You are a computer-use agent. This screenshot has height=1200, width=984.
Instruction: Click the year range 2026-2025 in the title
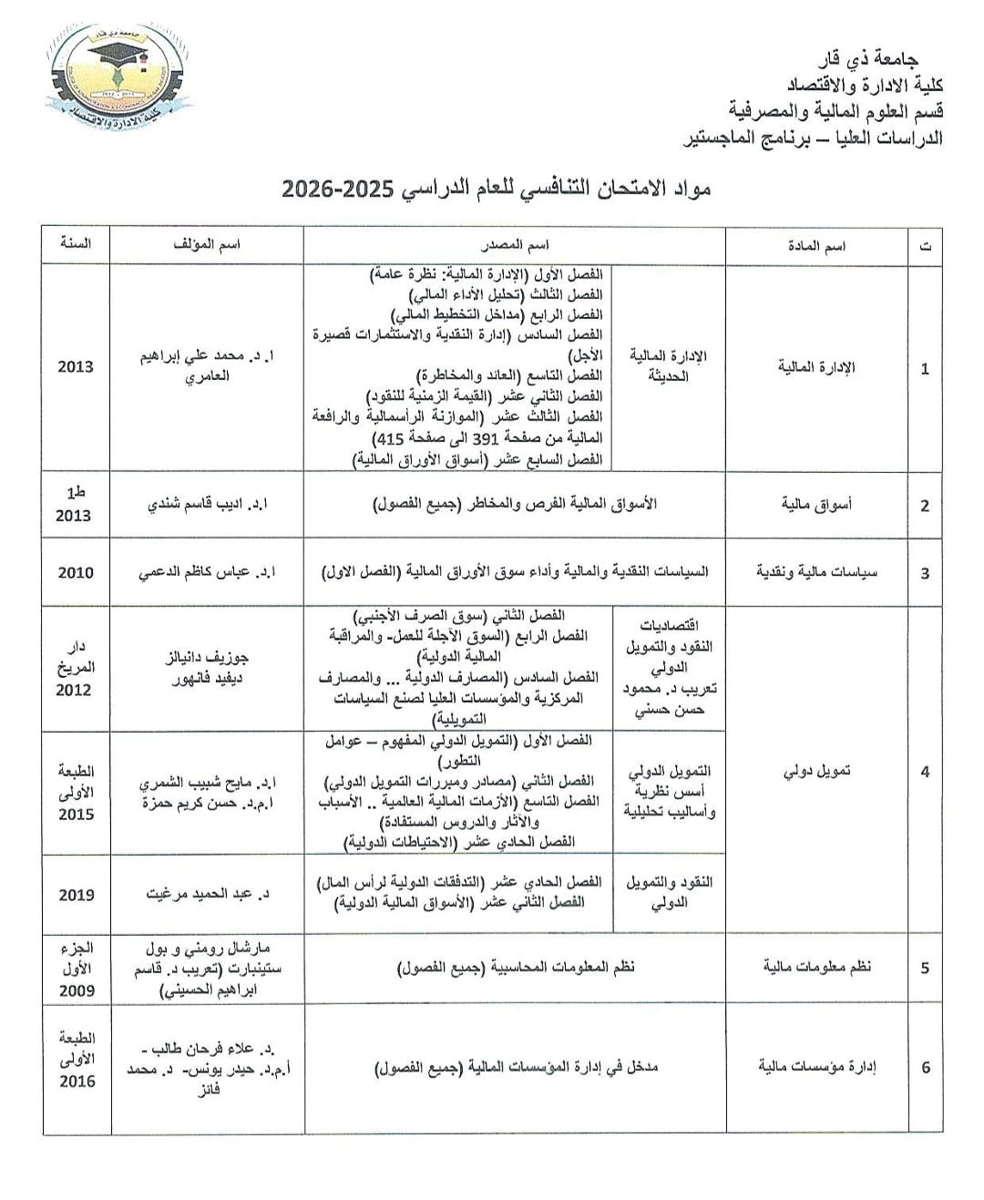tap(337, 190)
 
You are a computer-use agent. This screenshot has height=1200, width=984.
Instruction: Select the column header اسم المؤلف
tap(206, 245)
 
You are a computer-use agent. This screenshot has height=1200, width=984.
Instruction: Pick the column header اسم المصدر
tap(514, 245)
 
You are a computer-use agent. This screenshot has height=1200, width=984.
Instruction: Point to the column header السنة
tap(76, 244)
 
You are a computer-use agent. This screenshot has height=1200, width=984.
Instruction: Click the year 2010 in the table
tap(76, 572)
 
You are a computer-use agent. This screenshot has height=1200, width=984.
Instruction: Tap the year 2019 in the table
tap(77, 895)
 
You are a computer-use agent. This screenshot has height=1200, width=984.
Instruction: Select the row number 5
tap(925, 968)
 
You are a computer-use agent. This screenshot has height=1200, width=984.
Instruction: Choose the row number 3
tap(925, 573)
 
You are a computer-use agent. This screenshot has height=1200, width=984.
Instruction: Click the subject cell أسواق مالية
tap(816, 505)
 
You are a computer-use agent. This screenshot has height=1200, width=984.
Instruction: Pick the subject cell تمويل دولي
tap(816, 771)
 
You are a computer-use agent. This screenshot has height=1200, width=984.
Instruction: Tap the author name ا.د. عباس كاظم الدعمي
tap(207, 572)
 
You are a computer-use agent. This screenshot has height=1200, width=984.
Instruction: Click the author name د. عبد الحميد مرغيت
tap(207, 894)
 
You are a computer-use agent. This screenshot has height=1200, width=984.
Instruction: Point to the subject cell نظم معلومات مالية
tap(816, 967)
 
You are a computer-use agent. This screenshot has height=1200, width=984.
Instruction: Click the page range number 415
tap(392, 438)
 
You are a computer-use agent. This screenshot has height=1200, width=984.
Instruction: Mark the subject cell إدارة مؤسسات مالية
tap(816, 1067)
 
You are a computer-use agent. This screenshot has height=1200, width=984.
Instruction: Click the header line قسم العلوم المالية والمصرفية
tap(835, 111)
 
